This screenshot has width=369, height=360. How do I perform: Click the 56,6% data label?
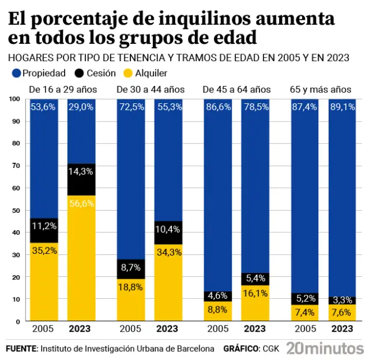(x=81, y=203)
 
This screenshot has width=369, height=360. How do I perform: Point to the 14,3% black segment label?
(x=81, y=171)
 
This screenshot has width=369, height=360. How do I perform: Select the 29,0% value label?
(x=81, y=107)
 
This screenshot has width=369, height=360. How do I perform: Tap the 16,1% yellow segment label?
(x=255, y=292)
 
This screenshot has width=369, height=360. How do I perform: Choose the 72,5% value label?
(x=130, y=107)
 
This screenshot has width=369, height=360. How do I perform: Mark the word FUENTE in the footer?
(x=21, y=348)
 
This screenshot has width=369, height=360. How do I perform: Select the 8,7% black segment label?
(x=130, y=268)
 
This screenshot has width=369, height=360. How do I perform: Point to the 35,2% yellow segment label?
(x=44, y=251)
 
